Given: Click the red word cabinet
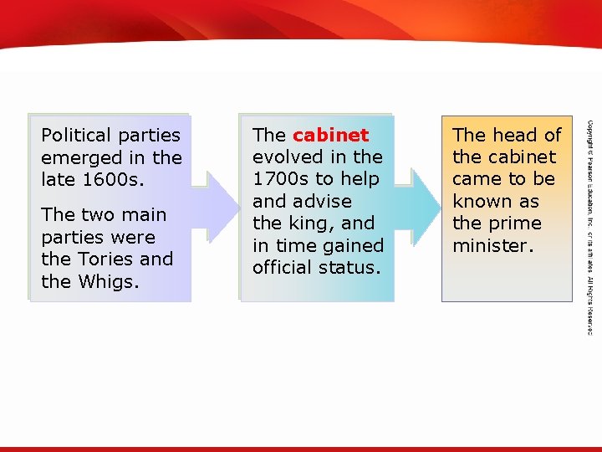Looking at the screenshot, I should click(330, 135).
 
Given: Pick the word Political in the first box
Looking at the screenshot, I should click(76, 135).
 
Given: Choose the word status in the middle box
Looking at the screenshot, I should click(352, 268).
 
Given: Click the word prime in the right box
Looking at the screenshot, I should click(518, 223).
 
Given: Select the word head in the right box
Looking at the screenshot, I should click(516, 135).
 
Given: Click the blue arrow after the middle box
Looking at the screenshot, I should click(424, 208).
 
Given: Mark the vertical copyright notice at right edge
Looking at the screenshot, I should click(589, 226).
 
